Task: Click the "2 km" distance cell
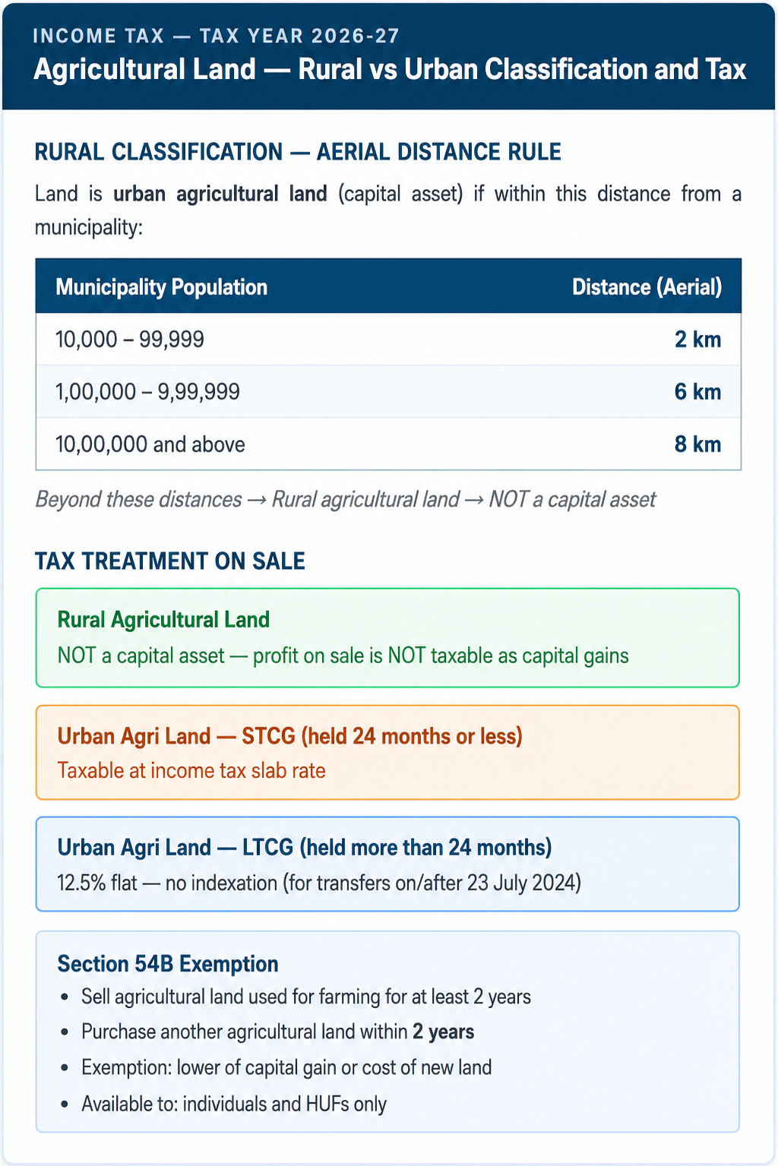coord(697,340)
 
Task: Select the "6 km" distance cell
coord(697,391)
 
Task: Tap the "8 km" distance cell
coord(697,444)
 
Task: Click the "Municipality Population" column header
coord(161,287)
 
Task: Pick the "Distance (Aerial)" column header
coord(647,287)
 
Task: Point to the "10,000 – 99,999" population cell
coord(130,340)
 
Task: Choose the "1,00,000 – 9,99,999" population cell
coord(147,391)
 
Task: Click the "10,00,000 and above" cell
coord(150,444)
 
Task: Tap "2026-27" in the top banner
coord(355,36)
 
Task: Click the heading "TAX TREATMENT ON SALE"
coord(169,561)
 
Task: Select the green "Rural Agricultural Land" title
coord(163,619)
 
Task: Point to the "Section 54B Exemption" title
coord(168,963)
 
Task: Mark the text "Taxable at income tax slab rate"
coord(191,770)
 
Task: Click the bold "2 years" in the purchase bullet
coord(443,1032)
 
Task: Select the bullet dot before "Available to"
coord(65,1104)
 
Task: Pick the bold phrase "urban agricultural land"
coord(220,194)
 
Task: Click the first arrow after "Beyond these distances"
coord(256,500)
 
